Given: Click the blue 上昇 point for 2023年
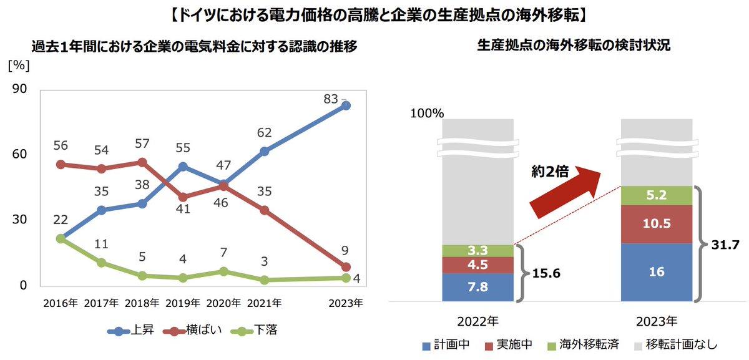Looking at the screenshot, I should tap(346, 106).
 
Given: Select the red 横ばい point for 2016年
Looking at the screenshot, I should tap(61, 165).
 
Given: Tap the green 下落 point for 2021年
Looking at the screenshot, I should tap(264, 280).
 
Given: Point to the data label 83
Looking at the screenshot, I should tap(331, 99).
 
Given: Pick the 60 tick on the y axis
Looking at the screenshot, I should tap(19, 154).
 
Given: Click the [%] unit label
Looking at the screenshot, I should tap(18, 65).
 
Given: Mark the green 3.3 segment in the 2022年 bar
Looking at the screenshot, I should tap(477, 250).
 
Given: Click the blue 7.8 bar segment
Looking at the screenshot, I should tap(477, 287).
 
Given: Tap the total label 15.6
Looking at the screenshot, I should tap(546, 273).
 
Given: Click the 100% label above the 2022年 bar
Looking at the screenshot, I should tap(427, 114).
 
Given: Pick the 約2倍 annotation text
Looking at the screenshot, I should tap(550, 172).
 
